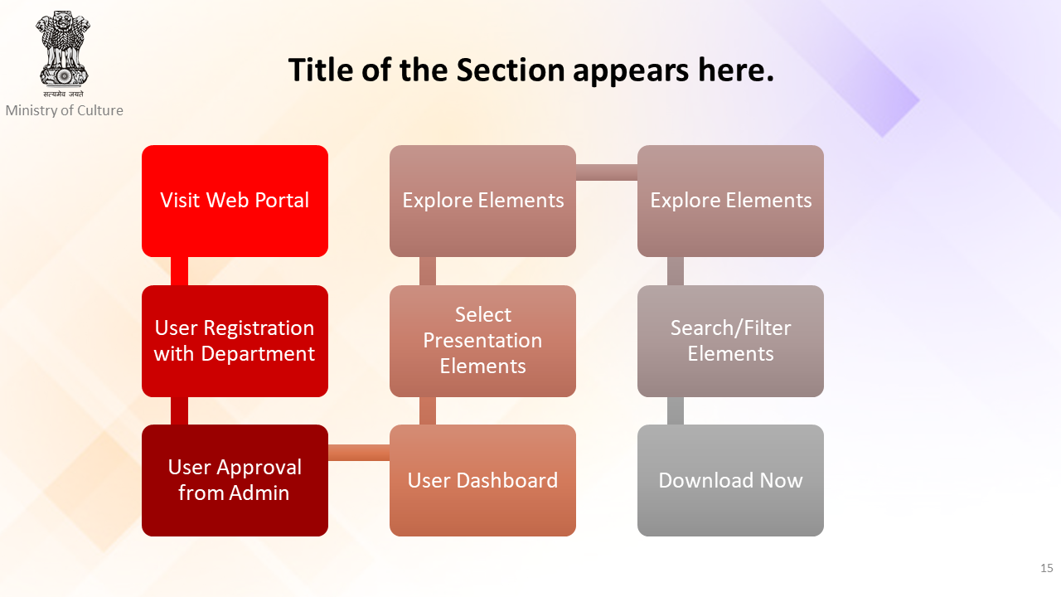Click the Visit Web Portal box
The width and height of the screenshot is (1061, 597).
[x=235, y=201]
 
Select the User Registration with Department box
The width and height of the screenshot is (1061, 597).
[x=235, y=341]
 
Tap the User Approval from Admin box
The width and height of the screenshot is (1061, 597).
[x=235, y=480]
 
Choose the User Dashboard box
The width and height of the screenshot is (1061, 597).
[x=482, y=480]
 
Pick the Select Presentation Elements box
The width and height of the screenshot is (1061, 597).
[x=482, y=341]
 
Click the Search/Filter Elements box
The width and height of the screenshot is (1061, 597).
[x=730, y=341]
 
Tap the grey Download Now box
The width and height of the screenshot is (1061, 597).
[x=730, y=480]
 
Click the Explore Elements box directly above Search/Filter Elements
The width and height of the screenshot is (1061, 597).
[x=730, y=201]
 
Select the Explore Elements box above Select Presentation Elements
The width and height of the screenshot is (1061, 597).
[x=482, y=201]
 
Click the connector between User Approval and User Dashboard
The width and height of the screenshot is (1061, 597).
[x=359, y=453]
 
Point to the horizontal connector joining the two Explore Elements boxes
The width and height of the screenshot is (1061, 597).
[x=607, y=172]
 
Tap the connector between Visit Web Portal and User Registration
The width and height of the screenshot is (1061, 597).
[x=180, y=271]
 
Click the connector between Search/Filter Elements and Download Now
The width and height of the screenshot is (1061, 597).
[x=676, y=410]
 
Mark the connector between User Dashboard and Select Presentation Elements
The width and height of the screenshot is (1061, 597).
[x=428, y=410]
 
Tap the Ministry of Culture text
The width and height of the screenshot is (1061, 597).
[x=65, y=110]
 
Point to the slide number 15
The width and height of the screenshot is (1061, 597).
[x=1047, y=568]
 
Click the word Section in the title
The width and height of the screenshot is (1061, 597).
[x=511, y=70]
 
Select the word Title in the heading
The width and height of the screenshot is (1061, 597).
[x=321, y=70]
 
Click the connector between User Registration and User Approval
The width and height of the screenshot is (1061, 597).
[x=180, y=410]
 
